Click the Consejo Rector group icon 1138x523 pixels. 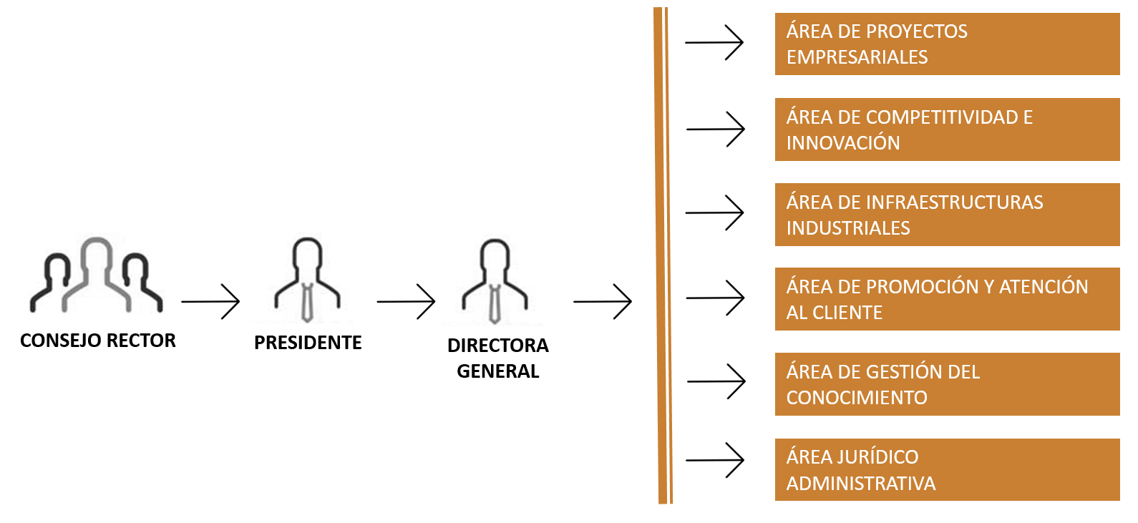[x=97, y=275]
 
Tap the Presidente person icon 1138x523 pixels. [x=308, y=280]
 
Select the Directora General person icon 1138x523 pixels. [x=495, y=281]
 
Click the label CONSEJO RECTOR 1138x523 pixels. [x=98, y=341]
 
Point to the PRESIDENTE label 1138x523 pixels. [x=308, y=343]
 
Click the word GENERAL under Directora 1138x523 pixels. [x=498, y=371]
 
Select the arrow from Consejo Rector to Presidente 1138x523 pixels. [x=210, y=302]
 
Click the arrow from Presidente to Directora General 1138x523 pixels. [x=406, y=302]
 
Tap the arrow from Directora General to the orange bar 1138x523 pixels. [x=603, y=302]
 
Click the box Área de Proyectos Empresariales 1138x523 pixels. [x=947, y=44]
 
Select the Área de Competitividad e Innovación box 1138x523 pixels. [x=947, y=129]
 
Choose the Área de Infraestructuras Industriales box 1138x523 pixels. [x=947, y=215]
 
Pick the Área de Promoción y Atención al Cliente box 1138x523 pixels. [x=947, y=299]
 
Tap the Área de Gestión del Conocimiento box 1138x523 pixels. [x=947, y=384]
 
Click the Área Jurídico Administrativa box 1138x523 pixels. [x=947, y=469]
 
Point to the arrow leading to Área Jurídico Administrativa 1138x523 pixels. [x=715, y=460]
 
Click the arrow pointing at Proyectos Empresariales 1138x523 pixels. [x=714, y=43]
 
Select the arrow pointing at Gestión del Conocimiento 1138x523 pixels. [x=716, y=381]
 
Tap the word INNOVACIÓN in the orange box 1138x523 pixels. [x=843, y=143]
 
